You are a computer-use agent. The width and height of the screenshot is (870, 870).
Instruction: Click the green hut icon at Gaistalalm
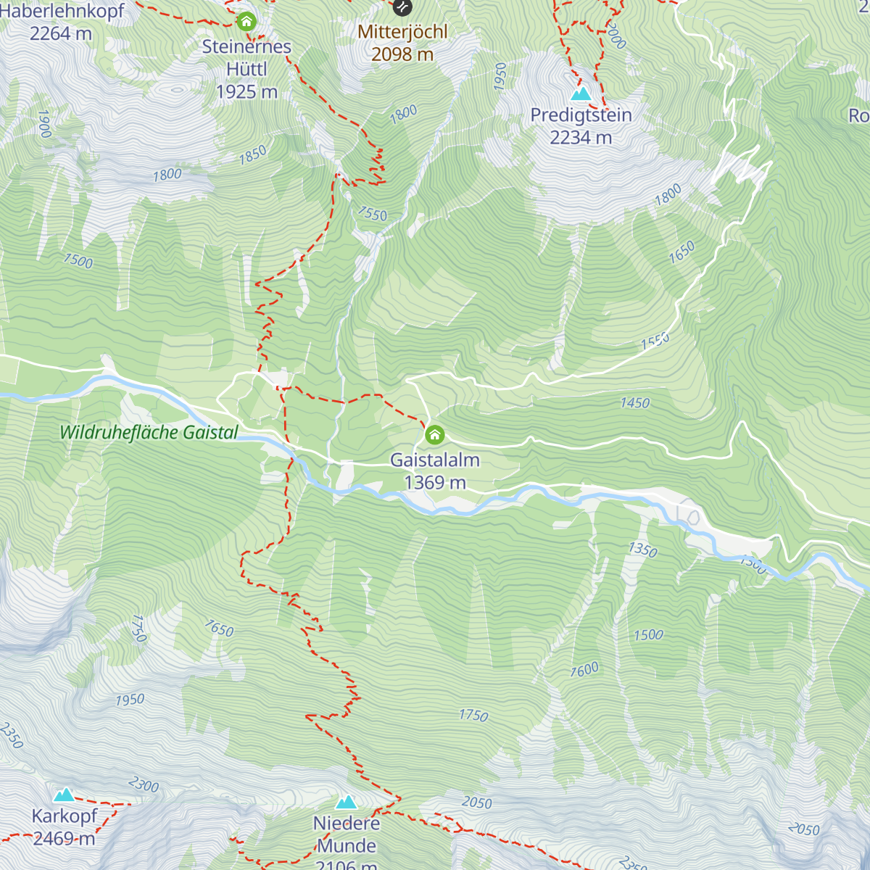coord(434,435)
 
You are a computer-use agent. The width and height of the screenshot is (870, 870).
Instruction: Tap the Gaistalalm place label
coord(434,460)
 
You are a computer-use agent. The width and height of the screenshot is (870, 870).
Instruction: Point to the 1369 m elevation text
coord(434,483)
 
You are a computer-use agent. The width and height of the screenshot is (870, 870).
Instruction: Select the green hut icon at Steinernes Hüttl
coord(246,22)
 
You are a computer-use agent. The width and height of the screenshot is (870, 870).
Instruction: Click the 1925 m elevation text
coord(246,92)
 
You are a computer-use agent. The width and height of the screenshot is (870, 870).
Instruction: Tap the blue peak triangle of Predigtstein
coord(581,94)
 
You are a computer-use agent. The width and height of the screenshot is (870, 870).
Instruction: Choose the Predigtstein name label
coord(581,115)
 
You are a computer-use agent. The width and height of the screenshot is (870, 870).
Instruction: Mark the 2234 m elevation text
coord(581,138)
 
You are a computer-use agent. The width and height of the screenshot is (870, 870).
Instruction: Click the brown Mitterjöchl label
coord(402,32)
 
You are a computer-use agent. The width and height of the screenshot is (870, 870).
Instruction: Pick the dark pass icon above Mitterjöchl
coord(402,7)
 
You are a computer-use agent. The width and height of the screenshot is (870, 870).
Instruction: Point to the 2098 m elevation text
coord(402,54)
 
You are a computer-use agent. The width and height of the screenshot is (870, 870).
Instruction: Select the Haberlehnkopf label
coord(62,12)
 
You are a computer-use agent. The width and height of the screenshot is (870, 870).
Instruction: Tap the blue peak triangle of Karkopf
coord(65,795)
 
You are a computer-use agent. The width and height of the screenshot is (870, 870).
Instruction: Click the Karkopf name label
coord(65,816)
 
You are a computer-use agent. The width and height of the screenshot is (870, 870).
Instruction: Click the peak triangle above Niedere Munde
coord(346,802)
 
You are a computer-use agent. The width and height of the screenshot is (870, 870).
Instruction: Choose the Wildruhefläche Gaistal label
coord(149,433)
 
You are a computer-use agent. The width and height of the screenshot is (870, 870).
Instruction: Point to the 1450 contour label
coord(635,403)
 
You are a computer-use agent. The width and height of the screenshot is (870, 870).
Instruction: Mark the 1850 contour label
coord(253,155)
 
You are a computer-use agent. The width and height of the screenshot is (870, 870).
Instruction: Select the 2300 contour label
coord(144,784)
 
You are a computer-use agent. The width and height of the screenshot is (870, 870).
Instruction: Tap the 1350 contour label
coord(642,550)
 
